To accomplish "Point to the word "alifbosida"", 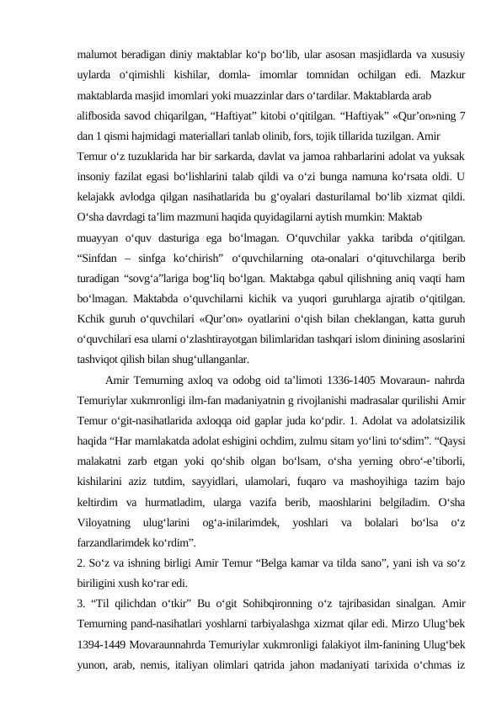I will click(x=99, y=115).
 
